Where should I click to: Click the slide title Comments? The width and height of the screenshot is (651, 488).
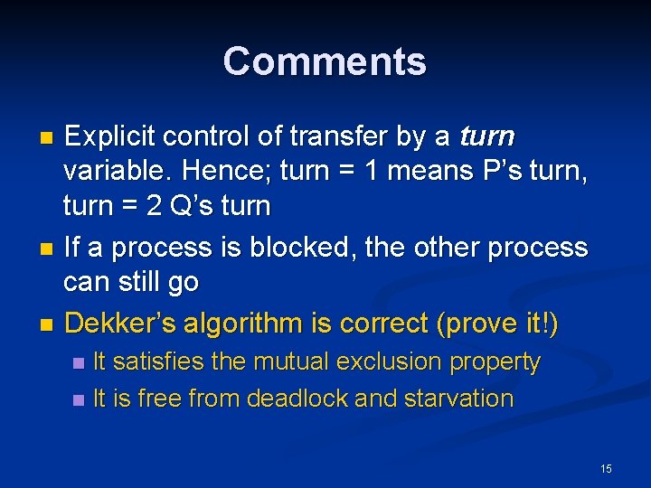pyautogui.click(x=325, y=61)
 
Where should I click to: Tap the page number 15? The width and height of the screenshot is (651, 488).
pyautogui.click(x=606, y=468)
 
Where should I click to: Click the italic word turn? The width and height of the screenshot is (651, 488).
pyautogui.click(x=486, y=137)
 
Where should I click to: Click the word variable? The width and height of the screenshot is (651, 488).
pyautogui.click(x=117, y=172)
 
